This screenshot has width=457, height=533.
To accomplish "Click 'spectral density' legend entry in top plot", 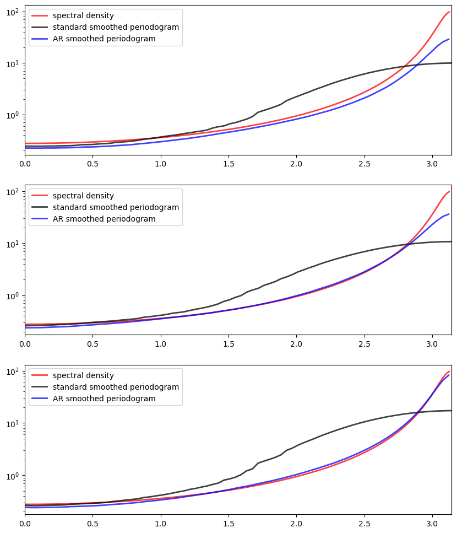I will click(83, 15).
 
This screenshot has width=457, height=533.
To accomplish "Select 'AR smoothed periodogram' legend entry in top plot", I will click(104, 39).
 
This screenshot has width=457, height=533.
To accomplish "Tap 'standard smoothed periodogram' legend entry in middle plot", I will click(116, 207).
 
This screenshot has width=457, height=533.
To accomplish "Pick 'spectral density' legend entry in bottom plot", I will click(83, 375).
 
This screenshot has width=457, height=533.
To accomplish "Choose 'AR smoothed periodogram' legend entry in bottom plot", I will click(104, 399).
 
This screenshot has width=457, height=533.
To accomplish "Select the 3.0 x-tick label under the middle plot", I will click(432, 344).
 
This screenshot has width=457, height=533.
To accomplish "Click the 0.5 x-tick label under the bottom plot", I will click(93, 524).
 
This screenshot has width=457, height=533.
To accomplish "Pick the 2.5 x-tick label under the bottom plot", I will click(364, 524).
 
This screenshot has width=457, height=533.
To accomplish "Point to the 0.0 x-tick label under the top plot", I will click(25, 164).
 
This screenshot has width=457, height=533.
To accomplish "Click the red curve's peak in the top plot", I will click(449, 12).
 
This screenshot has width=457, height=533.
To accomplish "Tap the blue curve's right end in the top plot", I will click(449, 39).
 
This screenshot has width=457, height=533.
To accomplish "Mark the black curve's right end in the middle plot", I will click(451, 241).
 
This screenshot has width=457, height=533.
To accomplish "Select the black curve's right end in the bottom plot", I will click(451, 411).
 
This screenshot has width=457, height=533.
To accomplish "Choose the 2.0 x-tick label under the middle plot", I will click(296, 344).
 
